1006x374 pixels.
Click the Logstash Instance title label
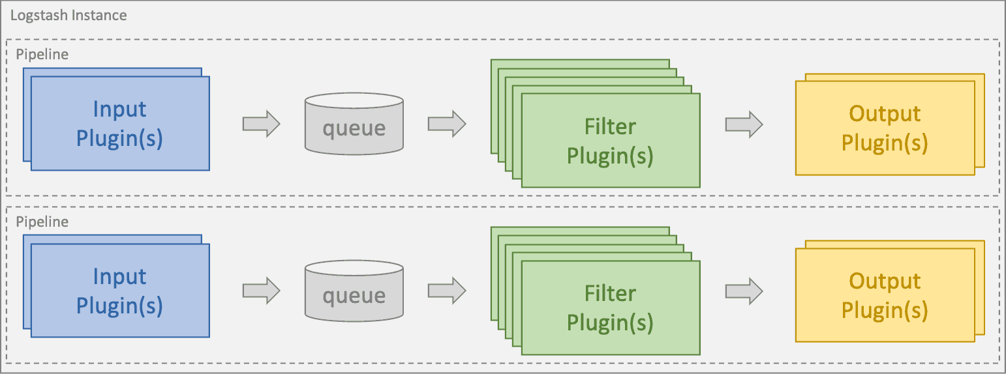tap(69, 15)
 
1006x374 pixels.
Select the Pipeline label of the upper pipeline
tap(42, 55)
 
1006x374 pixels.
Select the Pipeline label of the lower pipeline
tap(42, 222)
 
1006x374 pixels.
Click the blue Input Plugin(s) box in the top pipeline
tap(120, 123)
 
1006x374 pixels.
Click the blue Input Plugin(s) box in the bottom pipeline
tap(120, 291)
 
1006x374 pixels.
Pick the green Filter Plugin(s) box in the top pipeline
tap(610, 140)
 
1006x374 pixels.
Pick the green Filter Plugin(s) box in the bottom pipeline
tap(610, 308)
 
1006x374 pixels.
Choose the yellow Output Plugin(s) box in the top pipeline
tap(885, 128)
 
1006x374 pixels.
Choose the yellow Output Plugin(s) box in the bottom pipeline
tap(885, 295)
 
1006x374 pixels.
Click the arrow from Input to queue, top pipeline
tap(261, 124)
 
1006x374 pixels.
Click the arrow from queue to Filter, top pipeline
tap(447, 124)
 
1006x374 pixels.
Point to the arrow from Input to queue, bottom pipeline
tap(261, 291)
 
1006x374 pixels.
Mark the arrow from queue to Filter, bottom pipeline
tap(447, 291)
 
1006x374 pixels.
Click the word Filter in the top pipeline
tap(610, 126)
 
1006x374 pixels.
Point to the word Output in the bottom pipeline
tap(885, 281)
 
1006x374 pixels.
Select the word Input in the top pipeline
tap(120, 109)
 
